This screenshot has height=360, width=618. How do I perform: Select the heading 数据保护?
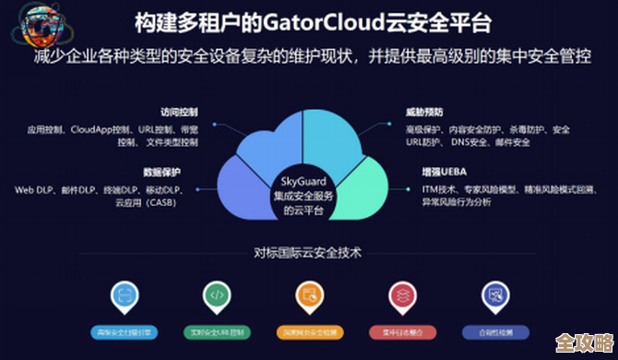point(162,172)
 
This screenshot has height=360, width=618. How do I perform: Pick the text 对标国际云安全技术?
point(309,251)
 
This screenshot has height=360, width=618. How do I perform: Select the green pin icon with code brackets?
point(216,294)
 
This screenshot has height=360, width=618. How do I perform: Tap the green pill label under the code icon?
point(216,330)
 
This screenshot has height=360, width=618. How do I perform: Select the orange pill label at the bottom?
point(310,330)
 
